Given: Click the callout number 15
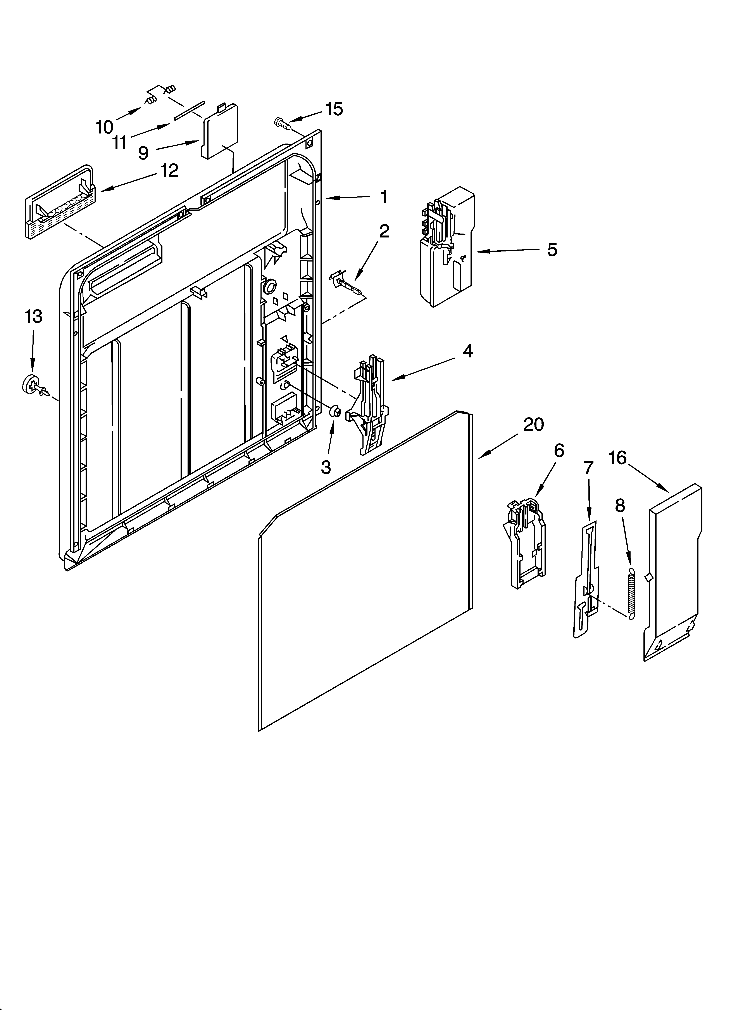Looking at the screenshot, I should [x=334, y=109].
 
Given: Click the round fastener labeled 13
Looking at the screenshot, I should [x=32, y=384].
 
